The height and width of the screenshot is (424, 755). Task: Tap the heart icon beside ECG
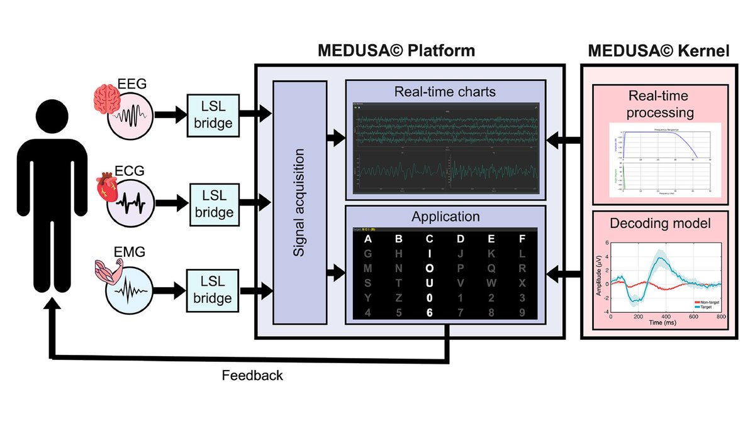[x=104, y=187]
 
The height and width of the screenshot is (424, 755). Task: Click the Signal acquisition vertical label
[x=299, y=202]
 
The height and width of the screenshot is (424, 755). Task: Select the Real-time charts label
[x=445, y=92]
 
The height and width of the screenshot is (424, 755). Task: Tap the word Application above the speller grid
[x=445, y=217]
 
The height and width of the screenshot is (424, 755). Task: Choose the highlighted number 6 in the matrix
[x=429, y=312]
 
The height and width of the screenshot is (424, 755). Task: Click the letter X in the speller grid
[x=521, y=283]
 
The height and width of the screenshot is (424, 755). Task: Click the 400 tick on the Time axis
[x=665, y=318]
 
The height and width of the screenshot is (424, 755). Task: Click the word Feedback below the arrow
[x=252, y=376]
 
